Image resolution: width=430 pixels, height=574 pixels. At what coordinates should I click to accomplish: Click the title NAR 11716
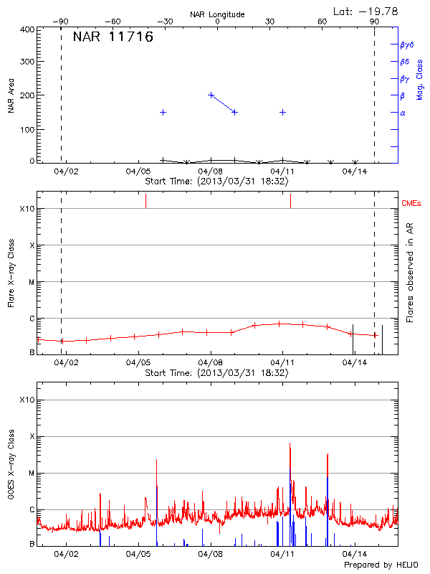click(x=113, y=37)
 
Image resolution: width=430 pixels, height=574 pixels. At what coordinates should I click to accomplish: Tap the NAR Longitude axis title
click(x=218, y=14)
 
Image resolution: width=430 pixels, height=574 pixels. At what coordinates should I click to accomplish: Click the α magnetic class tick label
click(x=403, y=113)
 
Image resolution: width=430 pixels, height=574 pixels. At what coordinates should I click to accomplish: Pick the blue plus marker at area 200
click(x=211, y=95)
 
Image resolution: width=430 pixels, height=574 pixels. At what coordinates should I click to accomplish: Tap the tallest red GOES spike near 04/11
click(x=290, y=445)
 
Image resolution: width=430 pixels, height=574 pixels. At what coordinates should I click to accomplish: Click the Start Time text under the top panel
click(x=216, y=182)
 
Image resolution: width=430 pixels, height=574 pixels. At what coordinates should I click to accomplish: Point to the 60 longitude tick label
click(x=322, y=22)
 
